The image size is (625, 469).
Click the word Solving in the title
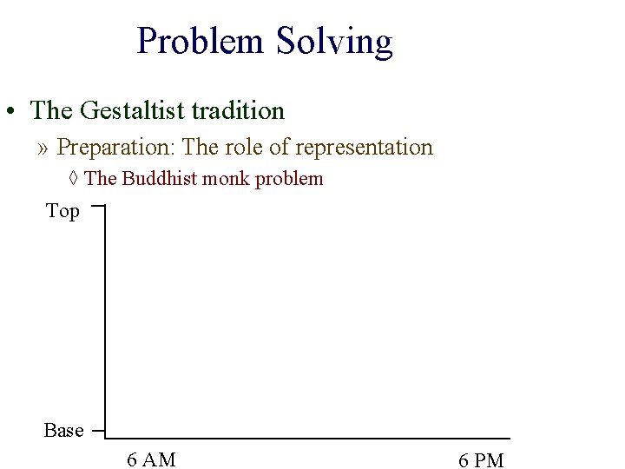[x=334, y=42]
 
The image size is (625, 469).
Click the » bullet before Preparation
[x=43, y=149]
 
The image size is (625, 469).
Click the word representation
[x=364, y=148]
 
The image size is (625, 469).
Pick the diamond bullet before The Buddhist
[x=74, y=179]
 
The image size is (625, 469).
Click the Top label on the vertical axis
[x=62, y=211]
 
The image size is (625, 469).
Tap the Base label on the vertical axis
[x=64, y=431]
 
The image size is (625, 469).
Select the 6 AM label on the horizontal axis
[x=151, y=459]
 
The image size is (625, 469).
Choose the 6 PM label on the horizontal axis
[x=481, y=460]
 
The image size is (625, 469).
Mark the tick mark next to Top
[x=97, y=208]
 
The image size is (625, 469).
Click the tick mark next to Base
[x=97, y=430]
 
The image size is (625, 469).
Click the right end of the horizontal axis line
[x=509, y=438]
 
